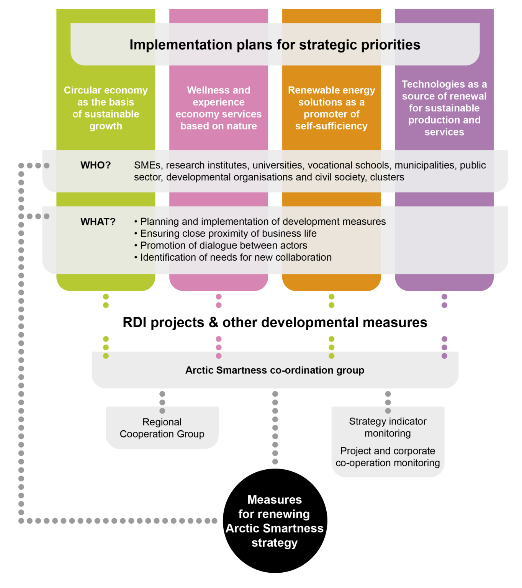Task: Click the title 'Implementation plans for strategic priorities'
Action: tap(275, 45)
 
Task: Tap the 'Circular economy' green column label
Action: tap(106, 108)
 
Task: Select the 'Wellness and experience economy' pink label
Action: tap(218, 108)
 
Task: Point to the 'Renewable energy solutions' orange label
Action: tap(331, 108)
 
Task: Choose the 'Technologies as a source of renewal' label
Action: tap(444, 108)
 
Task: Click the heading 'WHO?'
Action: tap(95, 165)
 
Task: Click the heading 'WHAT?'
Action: tap(98, 222)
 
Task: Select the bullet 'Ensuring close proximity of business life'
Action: tap(228, 234)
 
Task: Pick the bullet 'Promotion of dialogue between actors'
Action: tap(224, 245)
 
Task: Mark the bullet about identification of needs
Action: tap(236, 257)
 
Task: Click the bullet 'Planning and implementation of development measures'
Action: tap(263, 222)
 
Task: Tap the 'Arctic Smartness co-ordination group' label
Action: tap(275, 370)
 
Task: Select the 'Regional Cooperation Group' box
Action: tap(162, 428)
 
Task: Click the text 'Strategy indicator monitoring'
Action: tap(388, 427)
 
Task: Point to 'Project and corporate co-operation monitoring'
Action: tap(388, 457)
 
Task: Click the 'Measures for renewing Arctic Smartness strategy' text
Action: tap(275, 521)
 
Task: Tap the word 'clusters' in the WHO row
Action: tap(387, 177)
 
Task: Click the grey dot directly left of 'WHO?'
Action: tap(47, 165)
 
